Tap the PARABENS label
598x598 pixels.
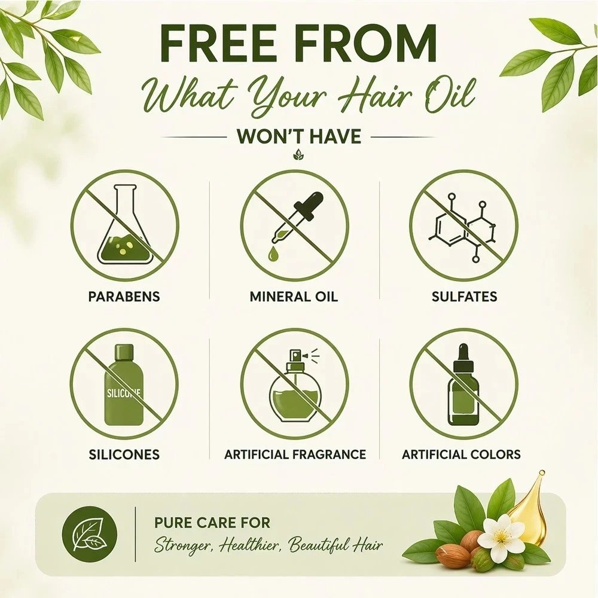[124, 297]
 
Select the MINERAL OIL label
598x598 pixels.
[294, 297]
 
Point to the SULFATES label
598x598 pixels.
[464, 297]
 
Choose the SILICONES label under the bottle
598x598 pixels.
[124, 454]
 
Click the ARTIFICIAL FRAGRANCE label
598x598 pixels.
[295, 454]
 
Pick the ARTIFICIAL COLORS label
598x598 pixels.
[461, 454]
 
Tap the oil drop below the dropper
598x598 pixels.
[273, 254]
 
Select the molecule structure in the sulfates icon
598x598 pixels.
[463, 228]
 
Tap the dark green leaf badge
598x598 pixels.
[90, 533]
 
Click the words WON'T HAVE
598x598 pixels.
[298, 136]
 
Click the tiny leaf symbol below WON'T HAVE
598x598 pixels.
[299, 155]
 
